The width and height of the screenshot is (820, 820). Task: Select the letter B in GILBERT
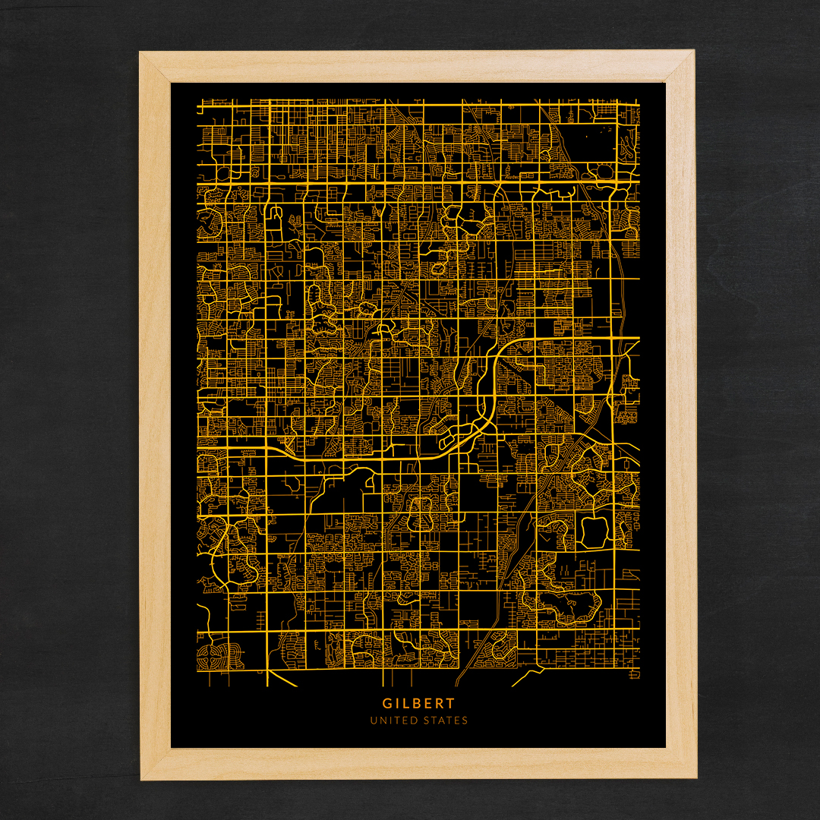tap(418, 704)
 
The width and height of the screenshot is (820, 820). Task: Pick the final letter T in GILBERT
tap(451, 704)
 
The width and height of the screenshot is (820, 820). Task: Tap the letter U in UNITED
tap(373, 721)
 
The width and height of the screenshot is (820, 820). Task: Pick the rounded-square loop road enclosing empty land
tap(593, 531)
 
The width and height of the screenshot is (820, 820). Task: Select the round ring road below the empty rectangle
tap(605, 172)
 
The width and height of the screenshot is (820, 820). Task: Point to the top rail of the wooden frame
tap(418, 66)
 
